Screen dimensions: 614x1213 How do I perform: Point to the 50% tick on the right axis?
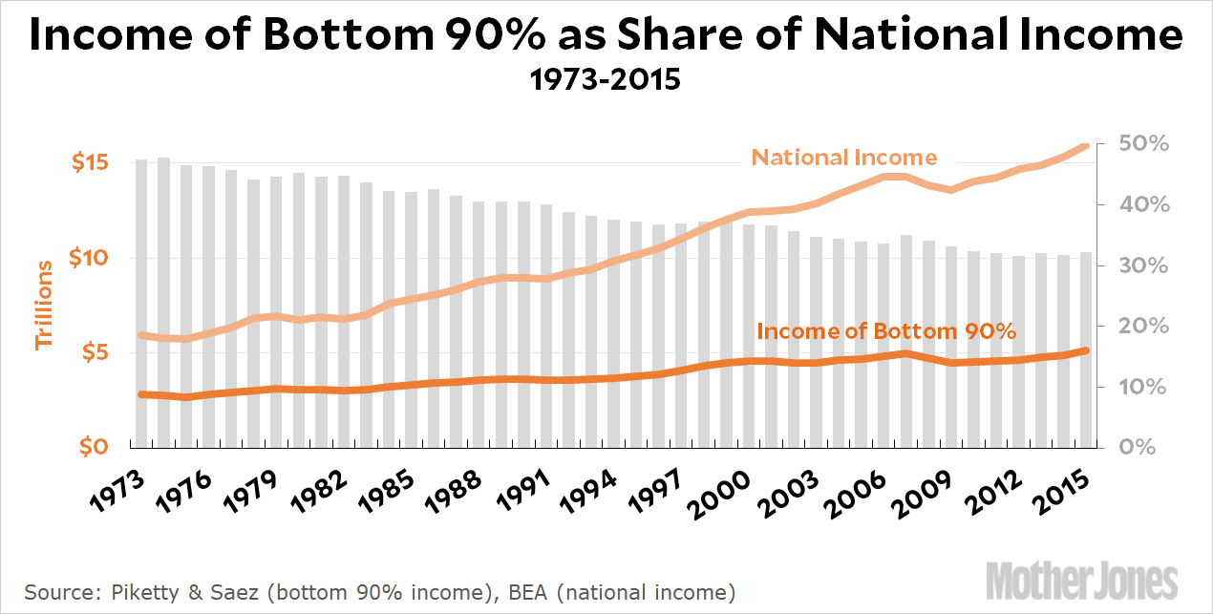(1144, 143)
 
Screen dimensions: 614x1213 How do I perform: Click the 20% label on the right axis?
(1144, 326)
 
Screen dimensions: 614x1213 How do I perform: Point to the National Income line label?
(844, 158)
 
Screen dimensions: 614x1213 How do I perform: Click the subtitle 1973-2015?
(606, 78)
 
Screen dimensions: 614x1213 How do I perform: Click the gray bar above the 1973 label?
(141, 303)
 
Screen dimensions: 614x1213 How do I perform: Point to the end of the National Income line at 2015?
(1085, 146)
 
